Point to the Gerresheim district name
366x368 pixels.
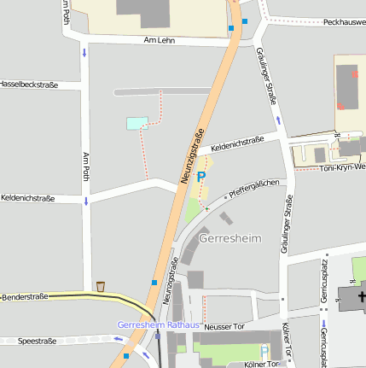229,238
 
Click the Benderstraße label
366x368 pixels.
24,296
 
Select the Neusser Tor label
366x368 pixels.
226,326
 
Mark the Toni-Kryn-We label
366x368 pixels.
342,167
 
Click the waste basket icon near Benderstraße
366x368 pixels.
101,286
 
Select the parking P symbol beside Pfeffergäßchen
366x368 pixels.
201,177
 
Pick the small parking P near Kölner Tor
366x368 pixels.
264,351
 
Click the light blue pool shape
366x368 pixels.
137,123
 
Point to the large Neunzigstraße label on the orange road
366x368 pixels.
193,156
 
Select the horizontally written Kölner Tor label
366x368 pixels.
262,364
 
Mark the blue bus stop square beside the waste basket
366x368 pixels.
154,282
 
